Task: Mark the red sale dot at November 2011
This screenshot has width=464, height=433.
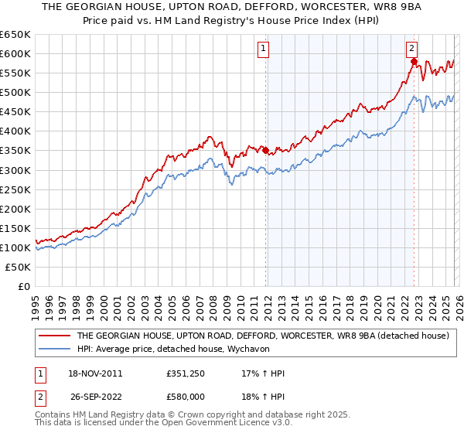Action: click(x=266, y=150)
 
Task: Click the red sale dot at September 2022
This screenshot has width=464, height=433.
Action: click(x=414, y=62)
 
